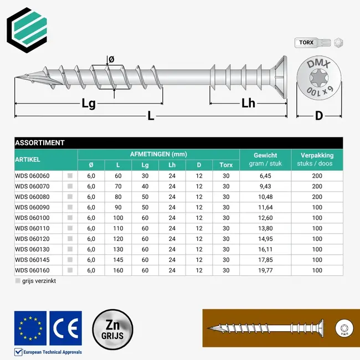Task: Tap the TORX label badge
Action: [306, 43]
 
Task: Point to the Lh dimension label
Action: [248, 103]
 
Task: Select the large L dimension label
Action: [151, 116]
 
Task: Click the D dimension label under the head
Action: [318, 116]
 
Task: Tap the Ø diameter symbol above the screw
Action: [111, 60]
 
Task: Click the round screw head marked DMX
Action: [318, 79]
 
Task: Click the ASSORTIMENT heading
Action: [40, 143]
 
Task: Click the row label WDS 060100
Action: [33, 218]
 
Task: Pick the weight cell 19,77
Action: [265, 271]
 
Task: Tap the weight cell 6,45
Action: [265, 176]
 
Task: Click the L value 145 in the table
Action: [118, 260]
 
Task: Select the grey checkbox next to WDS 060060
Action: [70, 176]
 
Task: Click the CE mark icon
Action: [65, 328]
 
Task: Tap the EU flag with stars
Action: [30, 328]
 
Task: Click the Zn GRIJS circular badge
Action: [113, 331]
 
